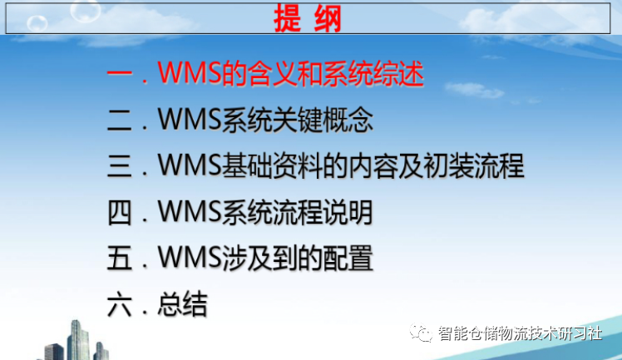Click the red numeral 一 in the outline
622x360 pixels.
[x=121, y=75]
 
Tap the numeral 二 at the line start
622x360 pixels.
[x=121, y=121]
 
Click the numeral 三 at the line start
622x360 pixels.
[x=121, y=167]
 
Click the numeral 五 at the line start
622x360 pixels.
[x=121, y=259]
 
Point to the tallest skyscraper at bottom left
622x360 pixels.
[x=78, y=339]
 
